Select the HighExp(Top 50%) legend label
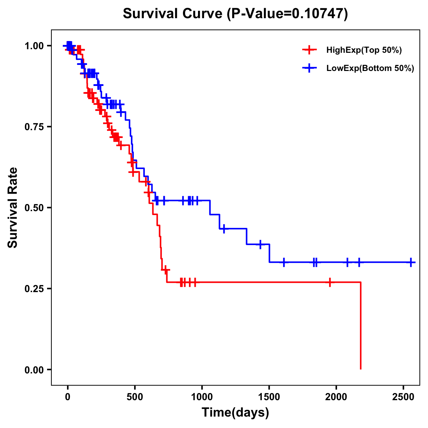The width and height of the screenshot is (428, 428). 364,50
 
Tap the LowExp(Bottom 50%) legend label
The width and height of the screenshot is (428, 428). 370,68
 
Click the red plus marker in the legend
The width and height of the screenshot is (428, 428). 309,50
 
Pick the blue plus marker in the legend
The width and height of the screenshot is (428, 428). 309,68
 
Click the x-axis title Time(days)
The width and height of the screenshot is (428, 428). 235,413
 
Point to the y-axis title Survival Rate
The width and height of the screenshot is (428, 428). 13,208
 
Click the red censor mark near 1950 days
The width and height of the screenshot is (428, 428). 330,282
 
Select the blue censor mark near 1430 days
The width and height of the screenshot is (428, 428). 260,244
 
